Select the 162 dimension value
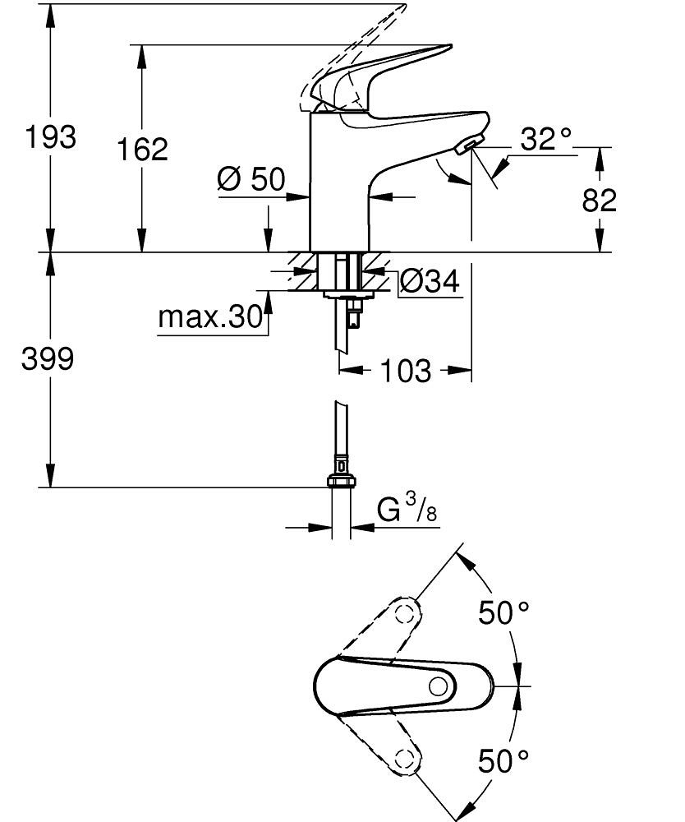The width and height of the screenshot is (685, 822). (141, 150)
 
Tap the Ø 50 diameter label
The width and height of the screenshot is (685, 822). (251, 178)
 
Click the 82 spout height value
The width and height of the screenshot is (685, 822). (599, 200)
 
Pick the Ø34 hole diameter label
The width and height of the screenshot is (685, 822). (429, 282)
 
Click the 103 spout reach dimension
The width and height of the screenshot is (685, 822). (405, 372)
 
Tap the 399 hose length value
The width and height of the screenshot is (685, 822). (47, 358)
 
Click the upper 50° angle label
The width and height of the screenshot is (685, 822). (504, 612)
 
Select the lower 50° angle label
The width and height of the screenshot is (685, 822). (504, 760)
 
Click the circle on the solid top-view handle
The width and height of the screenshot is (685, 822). (440, 686)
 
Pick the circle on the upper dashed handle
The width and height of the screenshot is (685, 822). (403, 613)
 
